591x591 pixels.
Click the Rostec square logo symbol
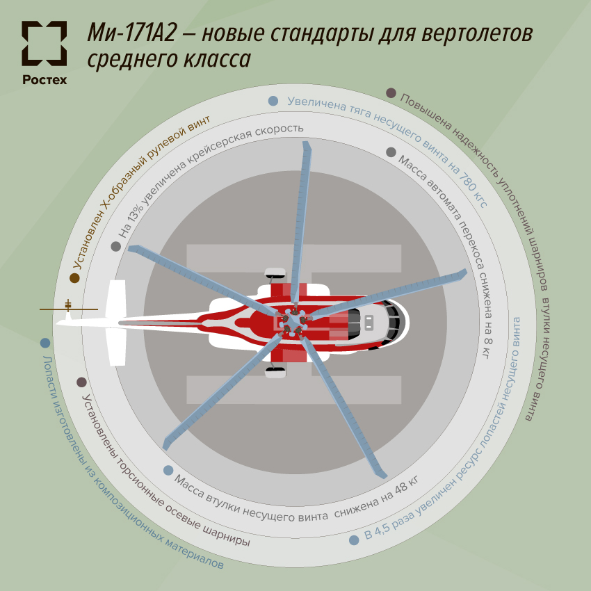click(x=44, y=43)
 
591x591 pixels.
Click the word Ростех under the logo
click(x=44, y=79)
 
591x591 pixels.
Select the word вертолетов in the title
click(x=480, y=33)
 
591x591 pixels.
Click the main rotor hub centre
click(x=293, y=321)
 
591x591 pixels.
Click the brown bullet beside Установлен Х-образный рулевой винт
click(x=74, y=278)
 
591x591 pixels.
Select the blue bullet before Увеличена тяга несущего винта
click(x=273, y=101)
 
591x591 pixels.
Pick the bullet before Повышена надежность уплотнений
click(x=391, y=92)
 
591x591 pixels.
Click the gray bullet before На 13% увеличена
click(x=115, y=246)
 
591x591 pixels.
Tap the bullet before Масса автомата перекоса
click(x=391, y=152)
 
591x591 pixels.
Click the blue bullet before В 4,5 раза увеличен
click(x=354, y=540)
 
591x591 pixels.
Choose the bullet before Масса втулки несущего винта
click(x=168, y=470)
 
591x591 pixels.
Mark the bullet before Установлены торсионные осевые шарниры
click(x=81, y=382)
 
